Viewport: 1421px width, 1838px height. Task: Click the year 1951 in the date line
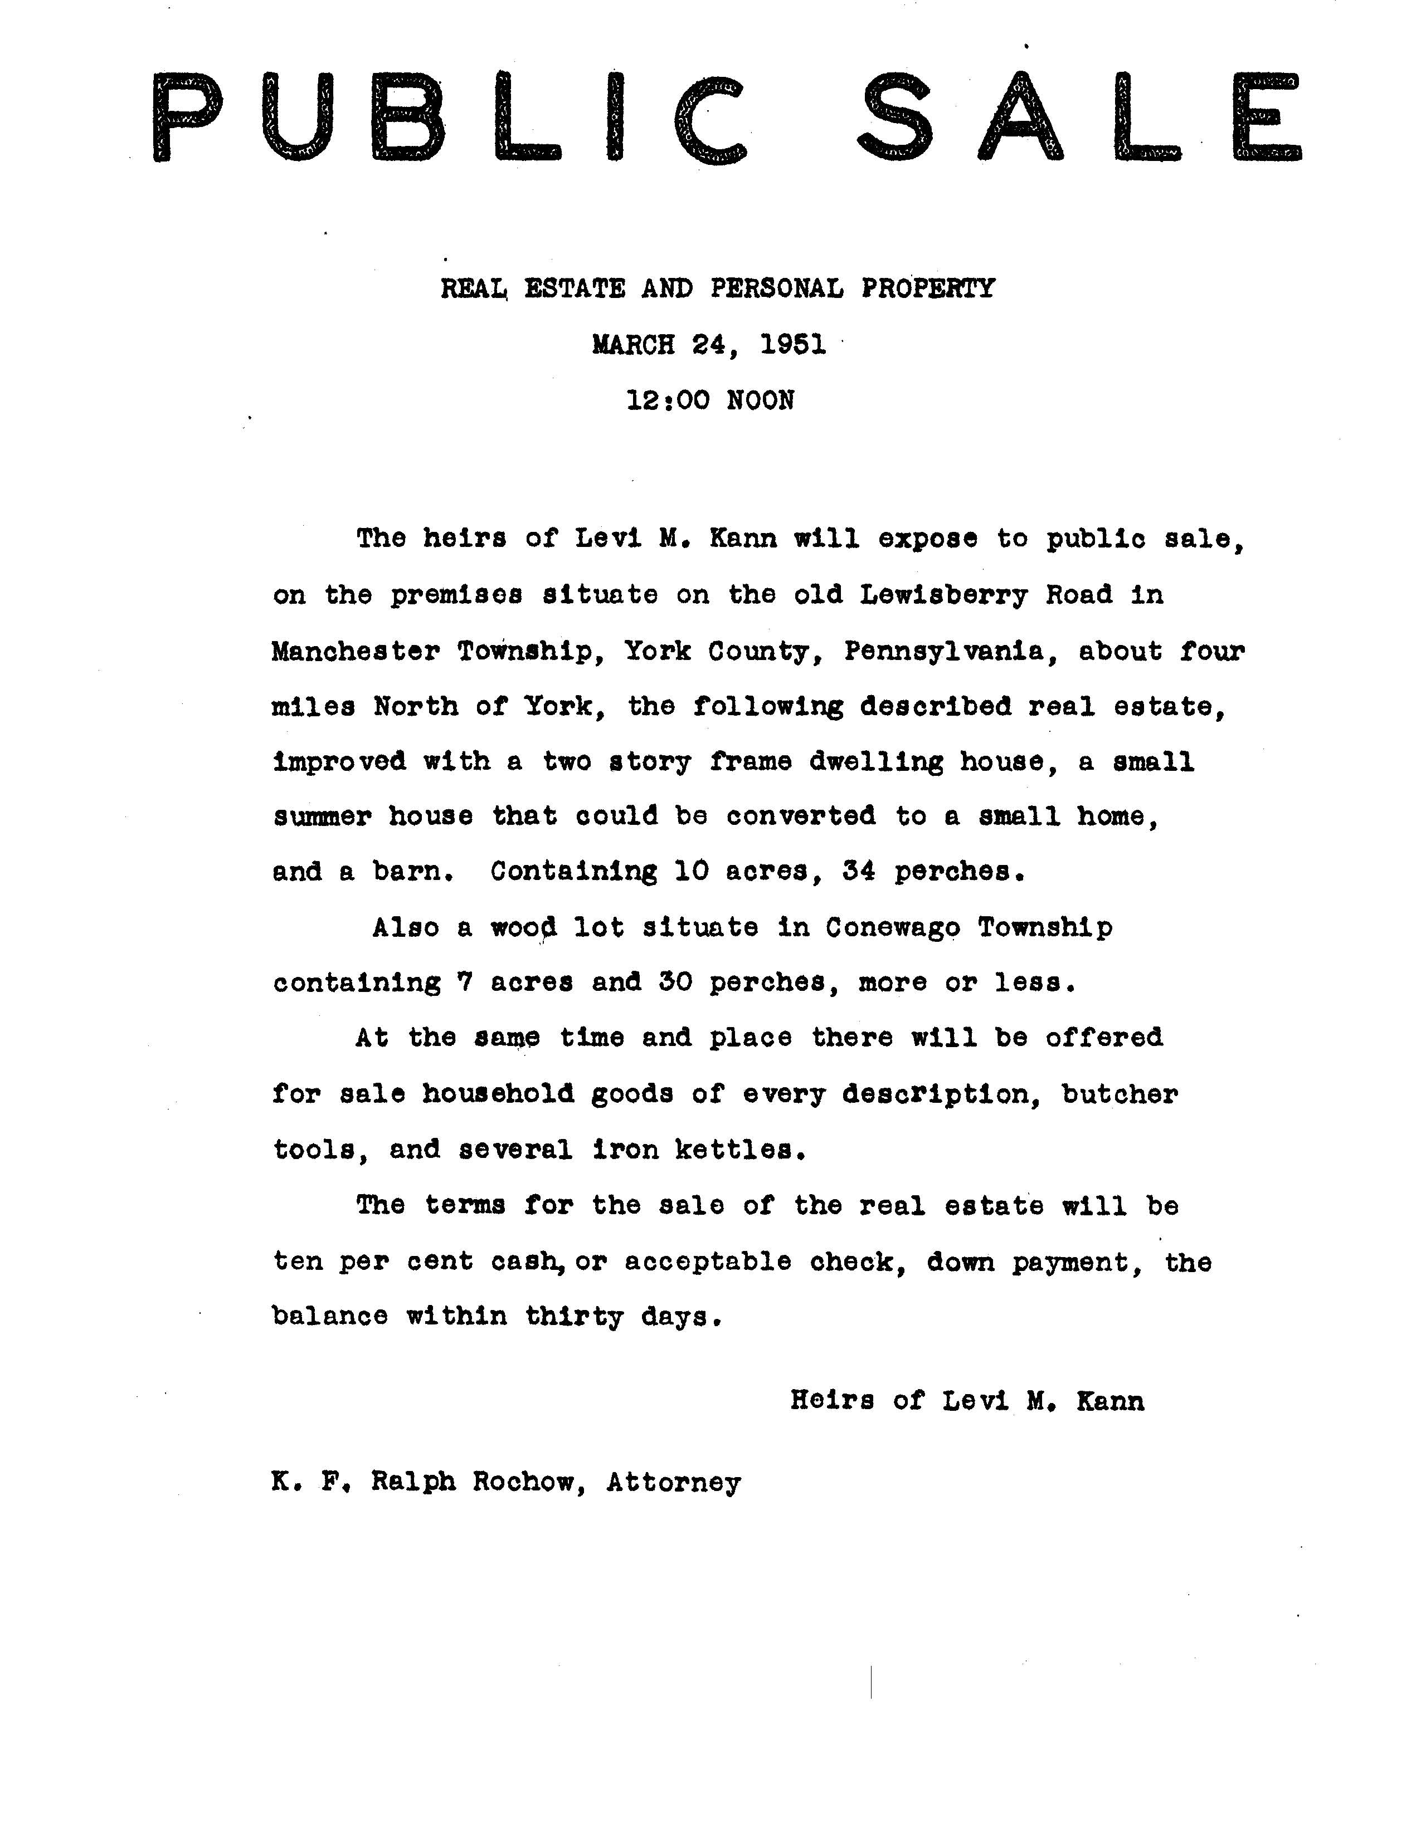793,344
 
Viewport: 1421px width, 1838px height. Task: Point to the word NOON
760,400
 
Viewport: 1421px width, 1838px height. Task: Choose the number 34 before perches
859,871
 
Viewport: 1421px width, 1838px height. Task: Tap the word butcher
1120,1093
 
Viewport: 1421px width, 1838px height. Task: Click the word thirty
574,1316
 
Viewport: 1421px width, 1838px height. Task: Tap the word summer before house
322,817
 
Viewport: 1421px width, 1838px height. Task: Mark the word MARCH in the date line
634,344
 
